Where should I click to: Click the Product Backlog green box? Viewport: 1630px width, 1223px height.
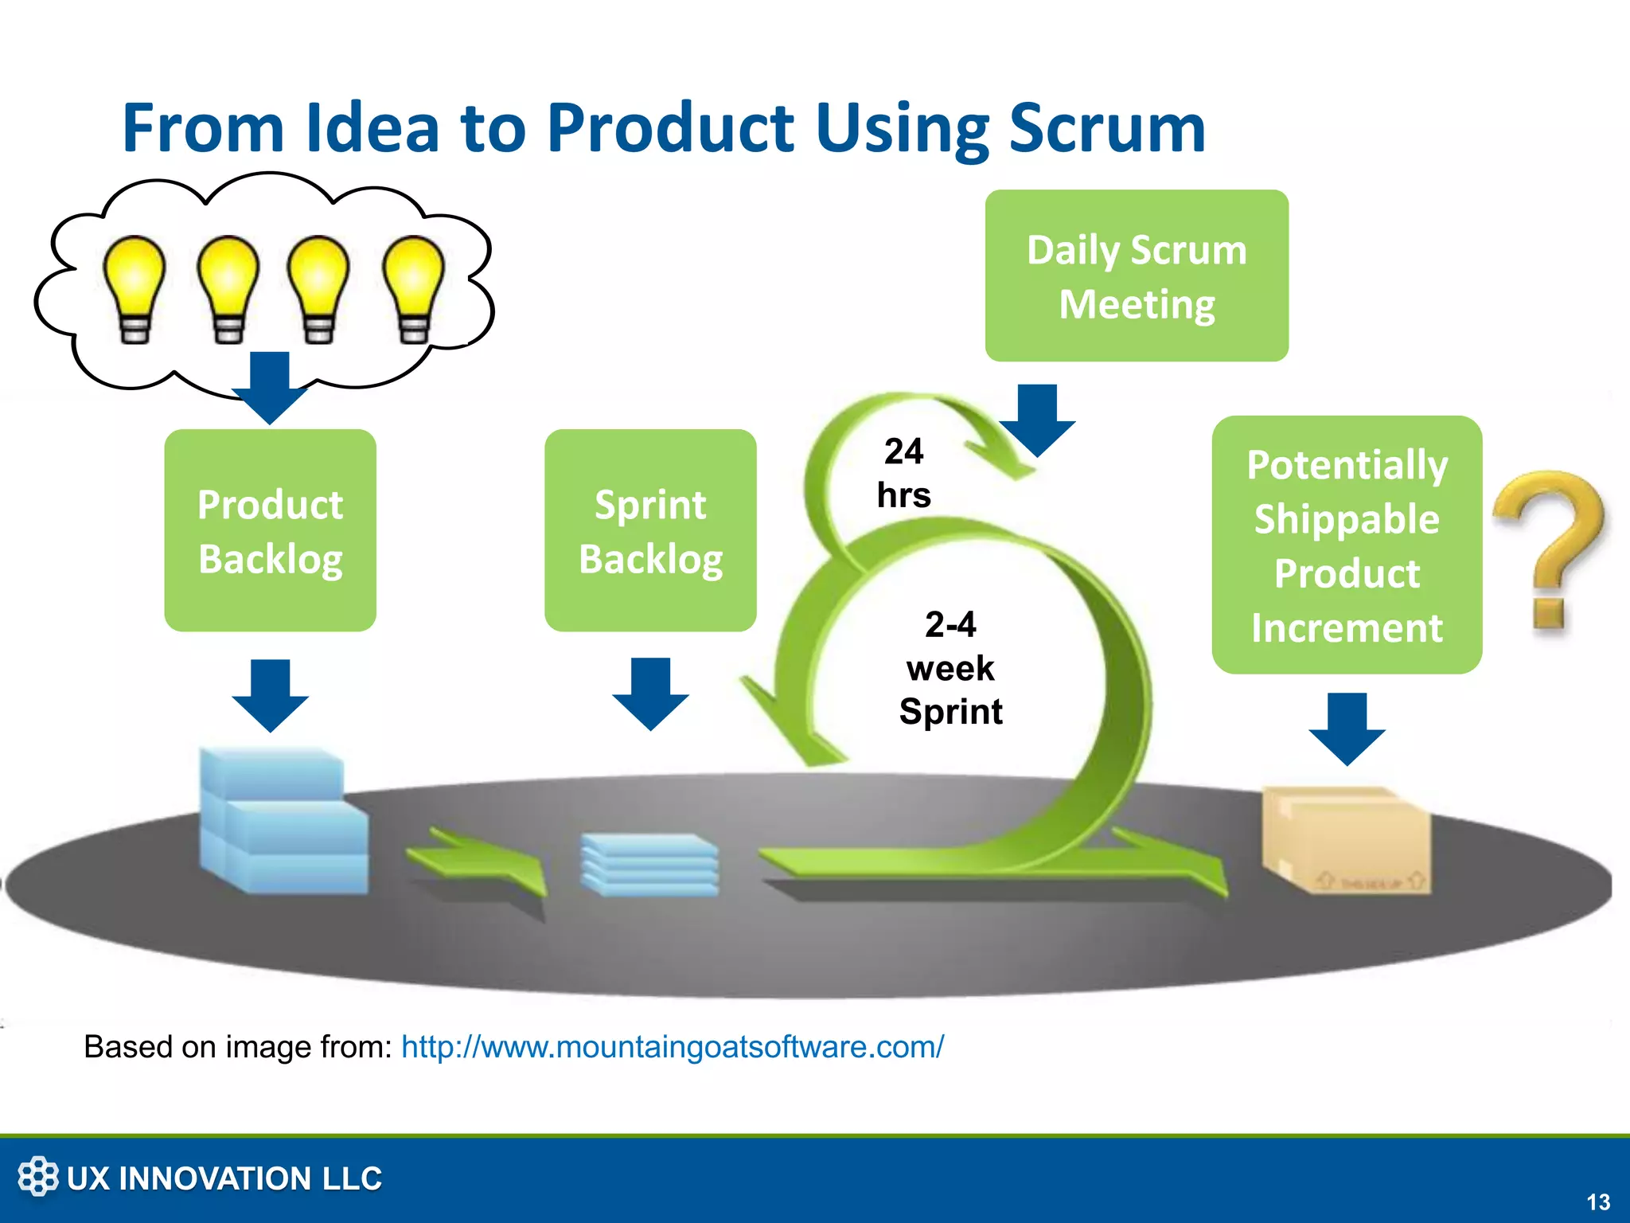[x=270, y=530]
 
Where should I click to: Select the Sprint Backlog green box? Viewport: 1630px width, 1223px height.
[x=650, y=530]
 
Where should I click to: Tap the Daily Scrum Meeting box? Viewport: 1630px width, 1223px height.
[x=1137, y=275]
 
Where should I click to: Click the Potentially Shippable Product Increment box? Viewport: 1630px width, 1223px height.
[x=1347, y=545]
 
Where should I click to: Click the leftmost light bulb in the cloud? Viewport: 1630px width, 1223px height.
[x=135, y=287]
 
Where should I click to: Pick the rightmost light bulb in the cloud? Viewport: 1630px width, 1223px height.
[x=413, y=287]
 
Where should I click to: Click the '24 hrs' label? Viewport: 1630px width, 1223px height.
[x=904, y=473]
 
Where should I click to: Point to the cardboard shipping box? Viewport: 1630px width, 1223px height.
[x=1345, y=840]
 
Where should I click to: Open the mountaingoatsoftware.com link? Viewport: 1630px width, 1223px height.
[x=673, y=1046]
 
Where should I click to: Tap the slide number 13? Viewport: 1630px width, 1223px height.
[x=1597, y=1202]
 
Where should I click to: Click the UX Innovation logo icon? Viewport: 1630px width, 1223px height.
[x=37, y=1176]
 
